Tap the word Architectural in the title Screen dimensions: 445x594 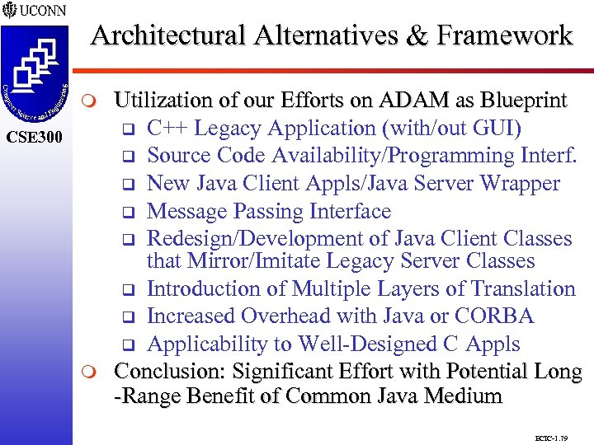pyautogui.click(x=167, y=35)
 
